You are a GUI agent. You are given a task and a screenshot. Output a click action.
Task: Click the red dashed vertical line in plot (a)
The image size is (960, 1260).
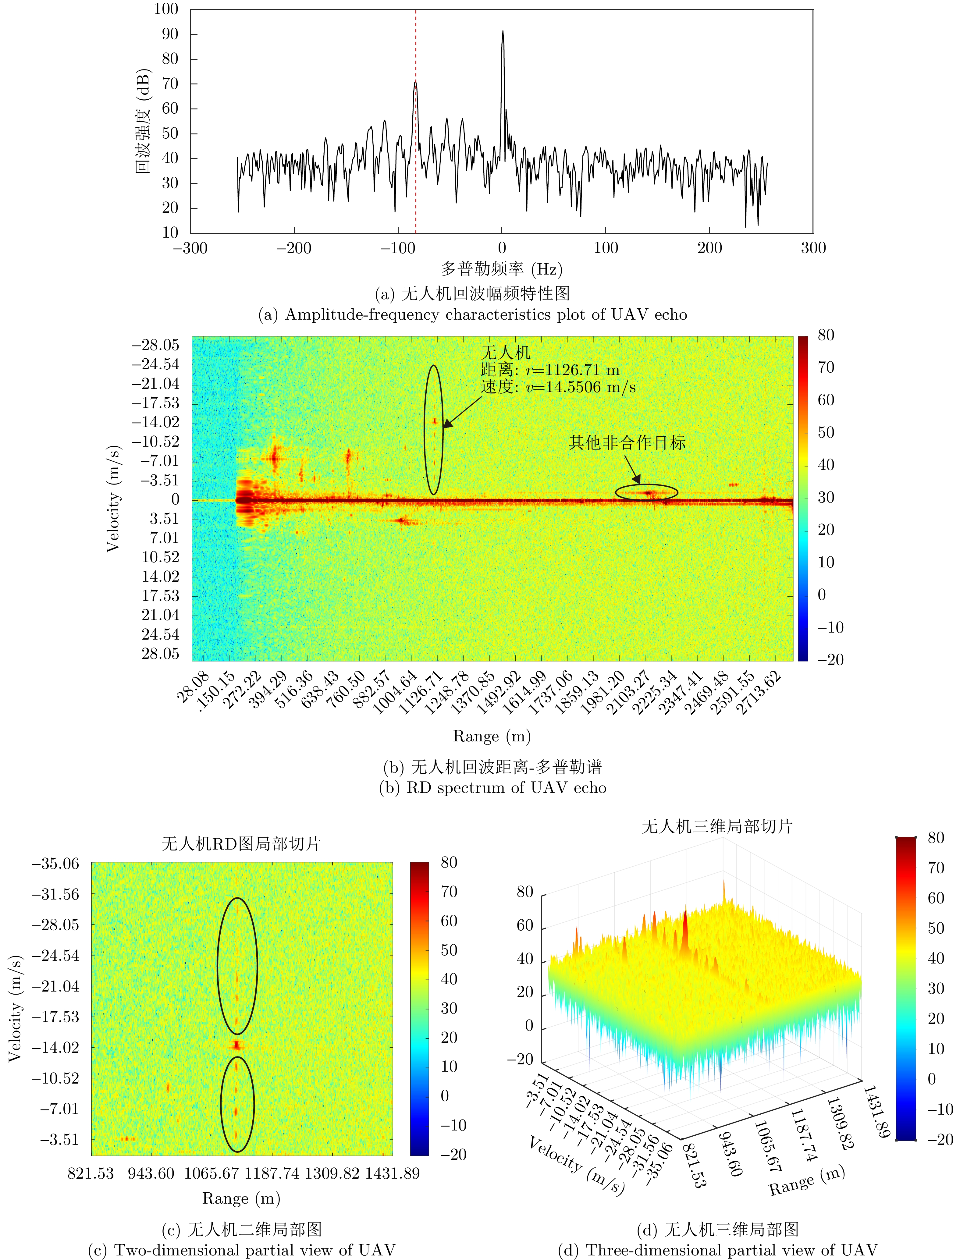coord(415,172)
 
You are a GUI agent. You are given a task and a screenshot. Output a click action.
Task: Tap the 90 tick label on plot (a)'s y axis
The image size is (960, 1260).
coord(170,34)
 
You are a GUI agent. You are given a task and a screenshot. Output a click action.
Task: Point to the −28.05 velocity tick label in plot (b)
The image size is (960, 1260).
coord(155,345)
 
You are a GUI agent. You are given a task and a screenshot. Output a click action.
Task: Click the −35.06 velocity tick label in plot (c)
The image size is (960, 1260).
coord(55,864)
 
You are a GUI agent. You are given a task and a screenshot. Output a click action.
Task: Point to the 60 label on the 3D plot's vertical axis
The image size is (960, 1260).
coord(524,925)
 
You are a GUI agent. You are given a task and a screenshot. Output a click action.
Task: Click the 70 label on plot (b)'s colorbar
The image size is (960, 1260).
coord(826,367)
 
